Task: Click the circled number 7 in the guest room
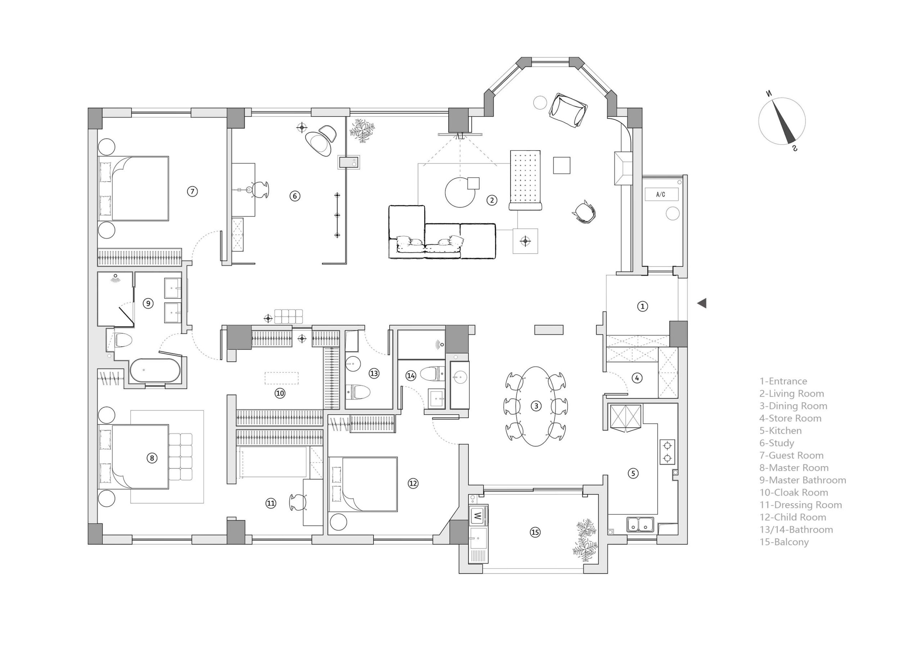coord(192,191)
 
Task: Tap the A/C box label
coord(661,195)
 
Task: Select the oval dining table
coord(536,406)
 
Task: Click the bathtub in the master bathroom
coord(155,370)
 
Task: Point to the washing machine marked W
coord(478,515)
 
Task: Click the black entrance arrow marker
coord(702,303)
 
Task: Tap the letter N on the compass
coord(768,94)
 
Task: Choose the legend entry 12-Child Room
coord(793,517)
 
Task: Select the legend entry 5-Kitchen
coord(780,431)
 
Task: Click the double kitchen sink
coord(640,524)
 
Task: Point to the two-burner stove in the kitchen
coord(667,452)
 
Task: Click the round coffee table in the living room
coord(460,192)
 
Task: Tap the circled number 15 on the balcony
coord(535,532)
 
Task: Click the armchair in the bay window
coord(567,110)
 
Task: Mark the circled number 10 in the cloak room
coord(280,393)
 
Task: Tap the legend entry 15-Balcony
coord(784,542)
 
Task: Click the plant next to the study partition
coord(362,129)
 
